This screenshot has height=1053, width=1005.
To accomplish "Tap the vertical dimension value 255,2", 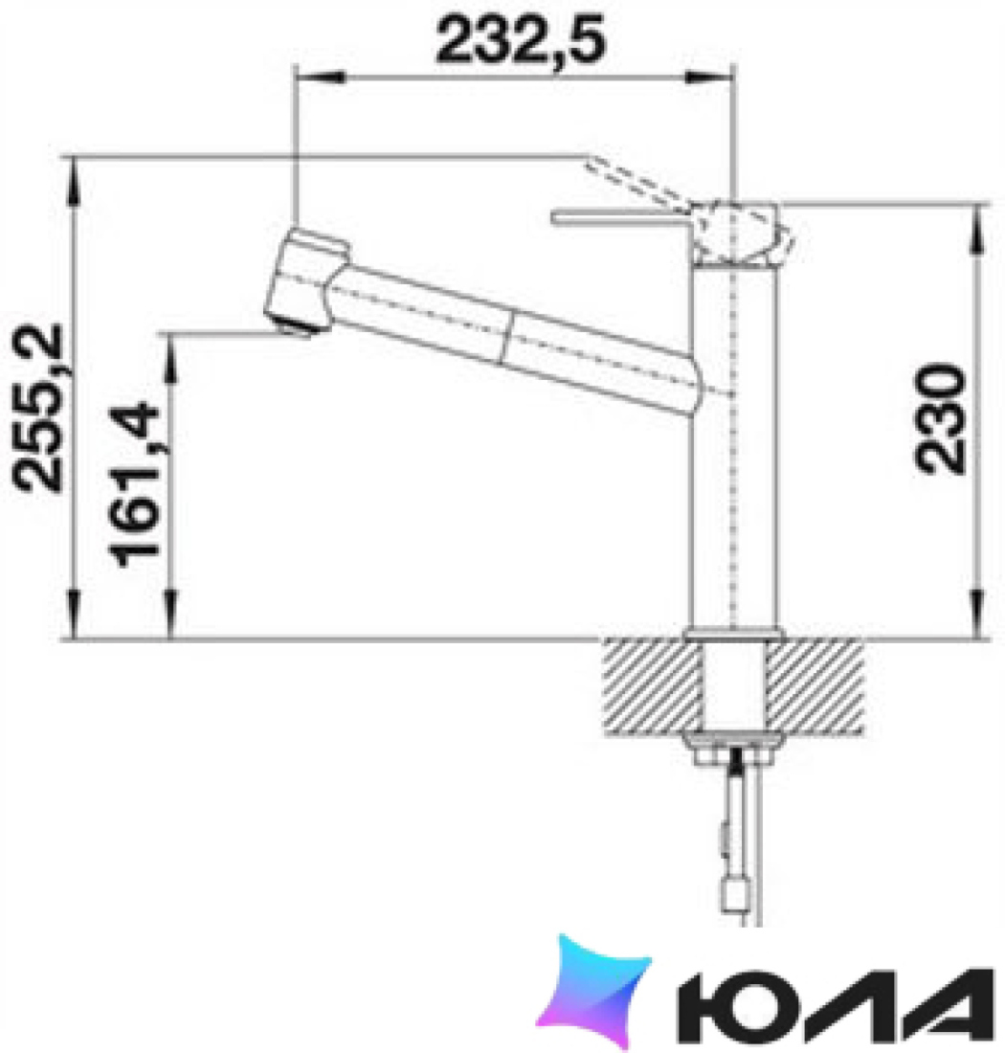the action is (x=37, y=409).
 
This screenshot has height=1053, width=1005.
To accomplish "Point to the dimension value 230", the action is (x=940, y=418).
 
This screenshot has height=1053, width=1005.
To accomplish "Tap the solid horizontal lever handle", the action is (x=621, y=217).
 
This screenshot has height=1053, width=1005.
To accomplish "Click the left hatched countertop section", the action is (x=651, y=685).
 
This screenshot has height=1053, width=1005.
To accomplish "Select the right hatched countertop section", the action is (x=815, y=685).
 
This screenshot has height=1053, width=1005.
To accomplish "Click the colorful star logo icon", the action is (x=594, y=991).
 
